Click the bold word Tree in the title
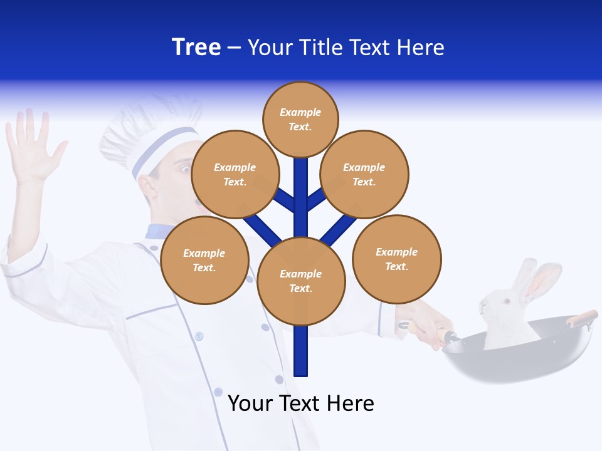[196, 48]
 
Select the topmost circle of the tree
[300, 119]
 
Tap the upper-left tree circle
[235, 174]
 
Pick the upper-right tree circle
[364, 174]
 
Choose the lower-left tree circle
[204, 260]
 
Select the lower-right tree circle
[396, 259]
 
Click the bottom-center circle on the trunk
[301, 281]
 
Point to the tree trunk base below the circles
[301, 354]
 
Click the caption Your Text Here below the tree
[301, 403]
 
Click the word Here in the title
[421, 48]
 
